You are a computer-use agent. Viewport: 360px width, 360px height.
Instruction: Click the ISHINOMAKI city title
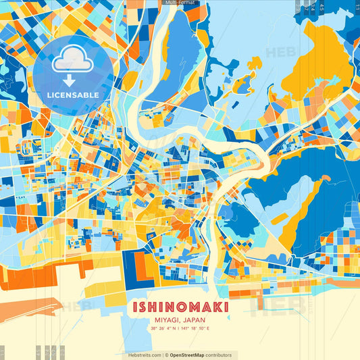(180, 307)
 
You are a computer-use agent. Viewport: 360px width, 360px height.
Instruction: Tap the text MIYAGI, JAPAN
(180, 320)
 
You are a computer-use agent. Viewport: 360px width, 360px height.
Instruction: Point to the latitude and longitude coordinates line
(180, 329)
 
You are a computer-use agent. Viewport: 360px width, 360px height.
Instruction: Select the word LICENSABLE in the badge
(73, 95)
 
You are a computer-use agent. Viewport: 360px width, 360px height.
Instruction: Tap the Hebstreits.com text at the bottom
(145, 355)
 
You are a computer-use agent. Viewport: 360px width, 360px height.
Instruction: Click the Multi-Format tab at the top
(179, 3)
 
